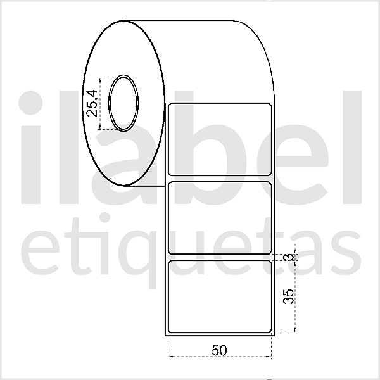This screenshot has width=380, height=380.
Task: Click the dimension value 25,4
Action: point(92,103)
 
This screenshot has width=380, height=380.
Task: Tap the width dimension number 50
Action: point(219,350)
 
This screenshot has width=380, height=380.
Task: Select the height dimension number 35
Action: point(289,296)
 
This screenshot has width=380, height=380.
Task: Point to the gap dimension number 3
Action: point(289,256)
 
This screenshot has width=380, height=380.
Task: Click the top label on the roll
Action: point(220,138)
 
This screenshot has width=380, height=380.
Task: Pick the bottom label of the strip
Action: point(220,296)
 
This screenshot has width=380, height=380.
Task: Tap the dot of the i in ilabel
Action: point(33,104)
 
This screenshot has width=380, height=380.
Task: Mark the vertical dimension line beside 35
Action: point(296,296)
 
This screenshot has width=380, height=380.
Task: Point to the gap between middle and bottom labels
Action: point(220,256)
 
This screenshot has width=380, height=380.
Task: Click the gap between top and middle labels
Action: point(220,177)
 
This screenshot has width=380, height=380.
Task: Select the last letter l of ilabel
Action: point(348,149)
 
